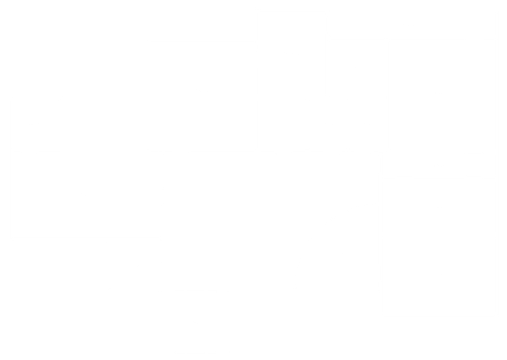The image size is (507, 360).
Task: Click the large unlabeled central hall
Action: (233, 217)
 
